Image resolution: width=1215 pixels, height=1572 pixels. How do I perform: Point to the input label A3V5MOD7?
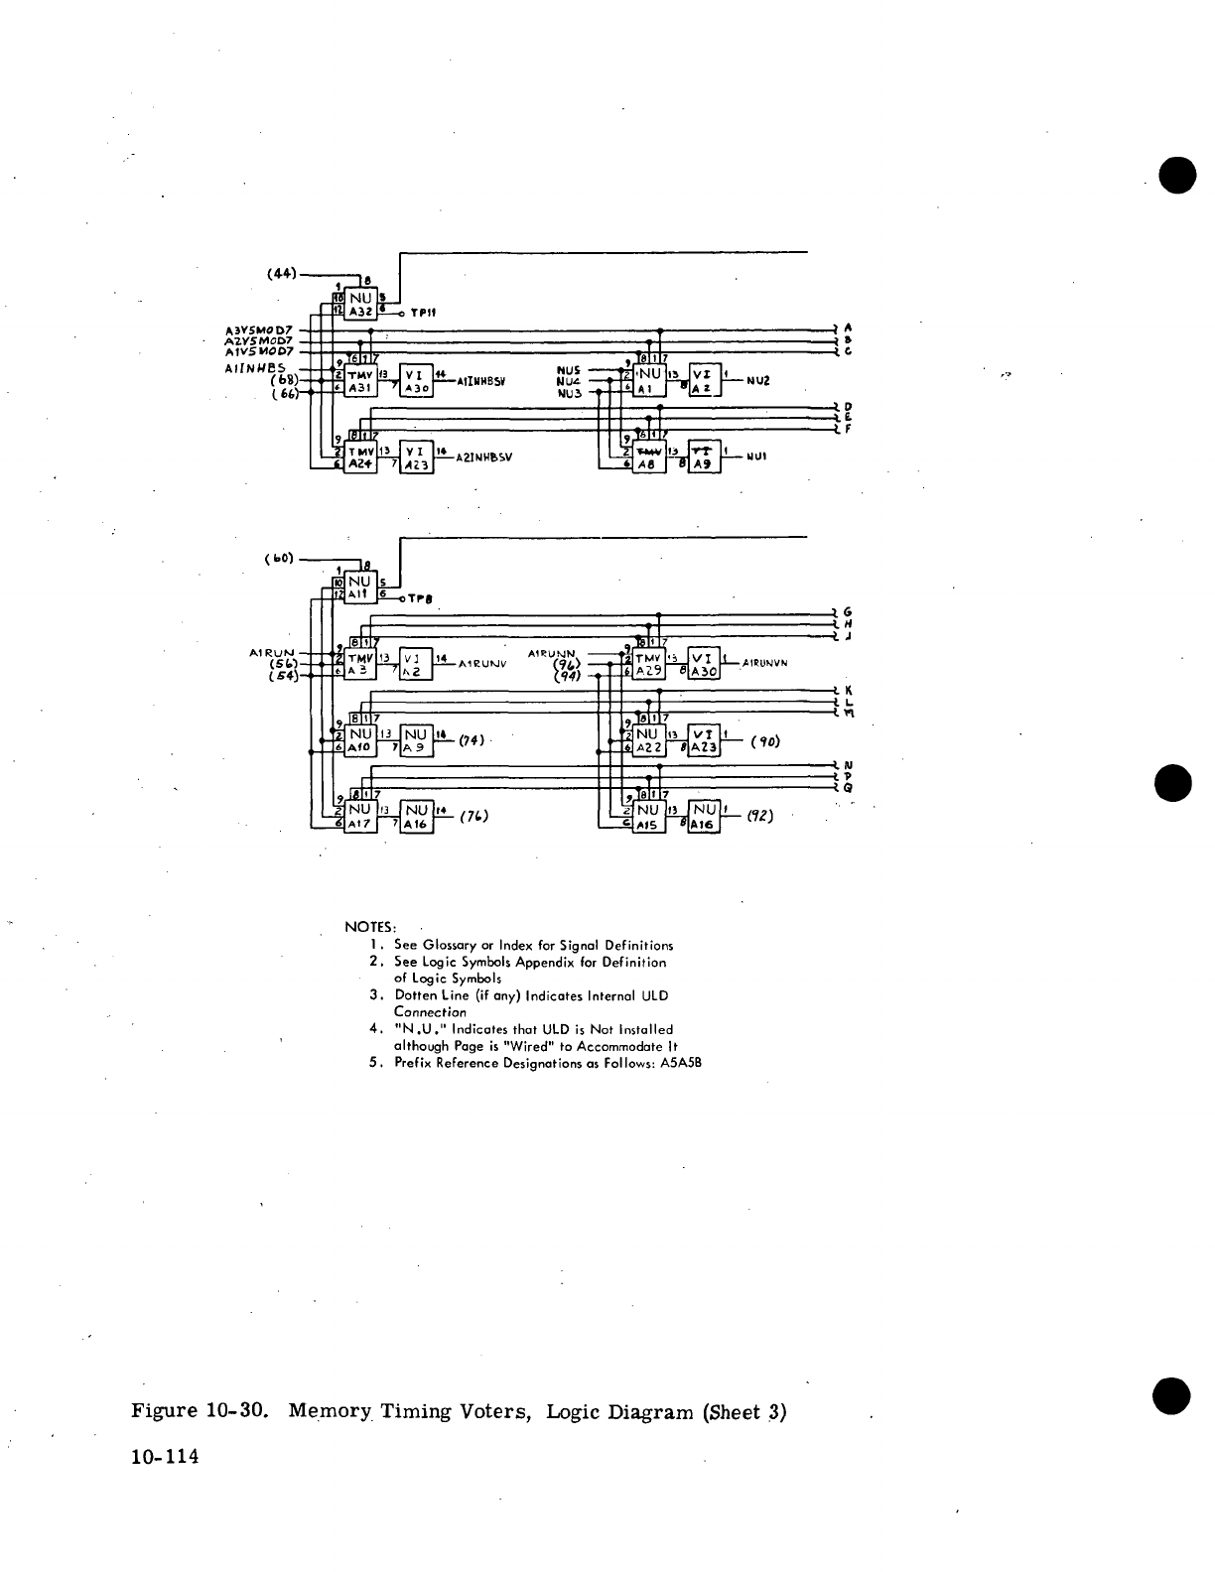tap(258, 329)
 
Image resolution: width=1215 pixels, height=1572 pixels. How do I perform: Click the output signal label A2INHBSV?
tap(482, 458)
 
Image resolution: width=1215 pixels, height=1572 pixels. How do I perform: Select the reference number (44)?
tap(282, 273)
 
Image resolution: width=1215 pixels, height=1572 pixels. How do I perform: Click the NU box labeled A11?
tap(359, 588)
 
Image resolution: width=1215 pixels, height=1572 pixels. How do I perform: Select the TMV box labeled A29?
tap(649, 665)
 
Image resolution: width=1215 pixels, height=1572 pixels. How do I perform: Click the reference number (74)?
tap(474, 740)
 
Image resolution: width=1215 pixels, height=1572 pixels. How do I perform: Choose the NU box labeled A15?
tap(649, 817)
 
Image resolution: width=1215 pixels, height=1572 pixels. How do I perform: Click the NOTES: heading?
tap(370, 927)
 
